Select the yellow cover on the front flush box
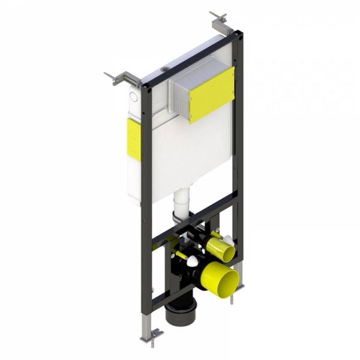(212, 94)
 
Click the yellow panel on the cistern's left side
(134, 139)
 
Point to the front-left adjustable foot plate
(151, 333)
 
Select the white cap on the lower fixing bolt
(191, 262)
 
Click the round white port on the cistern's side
(134, 95)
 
